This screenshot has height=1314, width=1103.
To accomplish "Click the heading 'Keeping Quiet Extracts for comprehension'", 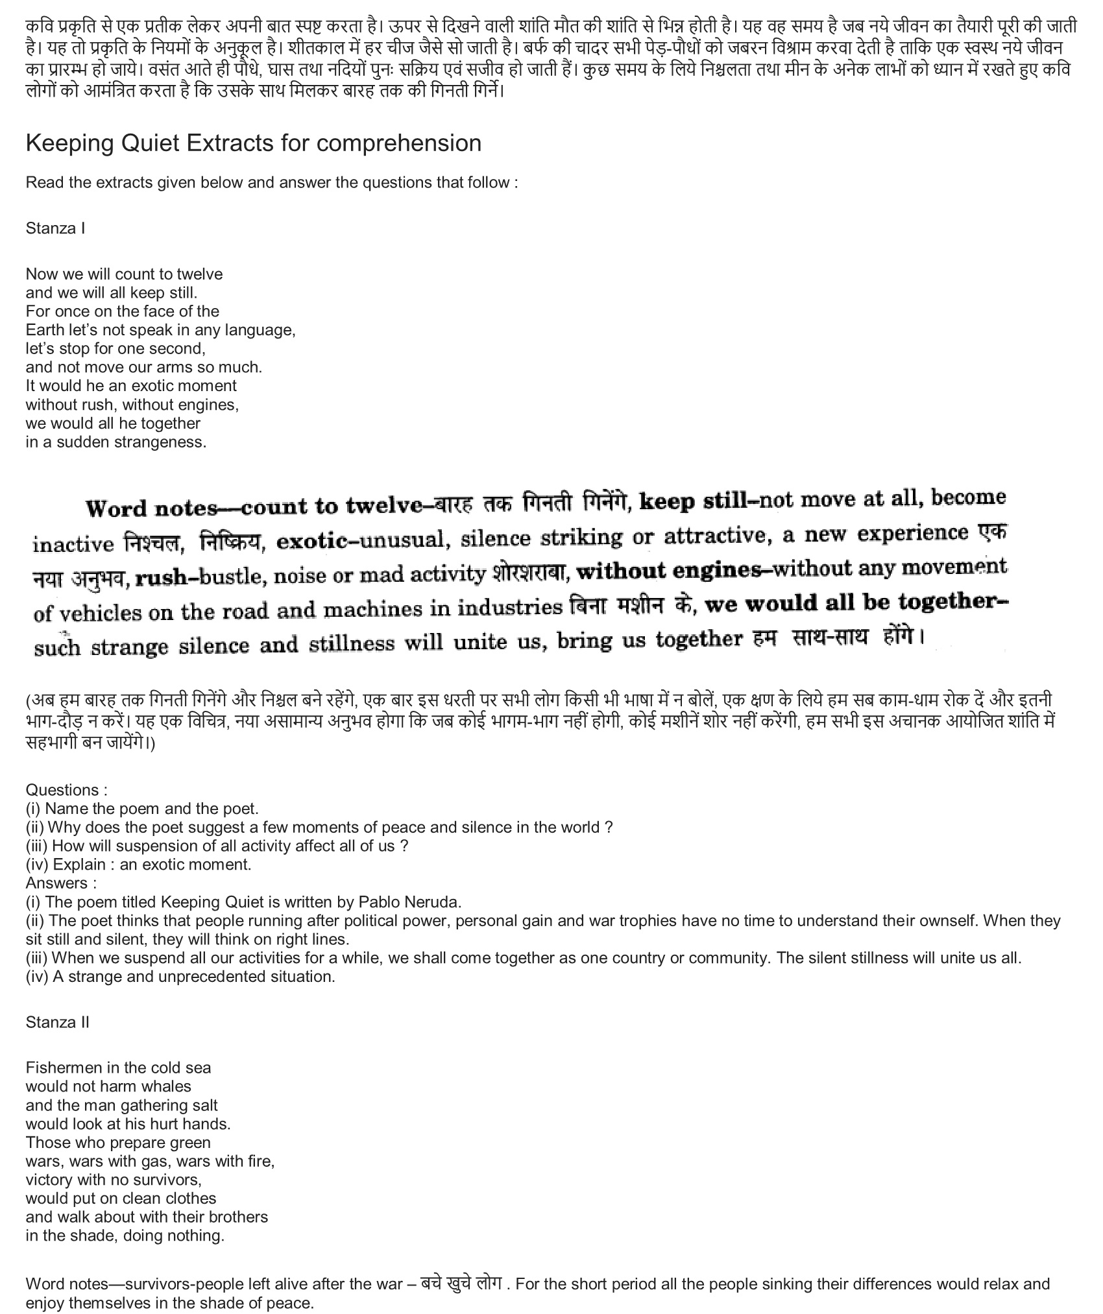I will click(253, 143).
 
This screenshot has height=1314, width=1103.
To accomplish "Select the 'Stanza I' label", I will click(55, 228).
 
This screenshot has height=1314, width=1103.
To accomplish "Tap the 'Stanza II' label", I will click(57, 1022).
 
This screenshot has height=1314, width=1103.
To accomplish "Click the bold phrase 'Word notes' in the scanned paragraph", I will click(152, 507).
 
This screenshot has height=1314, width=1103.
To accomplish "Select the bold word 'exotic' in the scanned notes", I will click(311, 540).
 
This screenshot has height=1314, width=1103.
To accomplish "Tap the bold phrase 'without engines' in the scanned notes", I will click(668, 571).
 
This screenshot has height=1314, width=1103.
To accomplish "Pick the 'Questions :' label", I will click(66, 790).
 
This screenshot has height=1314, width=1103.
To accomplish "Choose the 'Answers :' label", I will click(61, 883).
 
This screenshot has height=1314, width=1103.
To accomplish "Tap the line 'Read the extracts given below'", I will click(271, 182).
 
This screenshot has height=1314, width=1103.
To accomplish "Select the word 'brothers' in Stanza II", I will click(238, 1217).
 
